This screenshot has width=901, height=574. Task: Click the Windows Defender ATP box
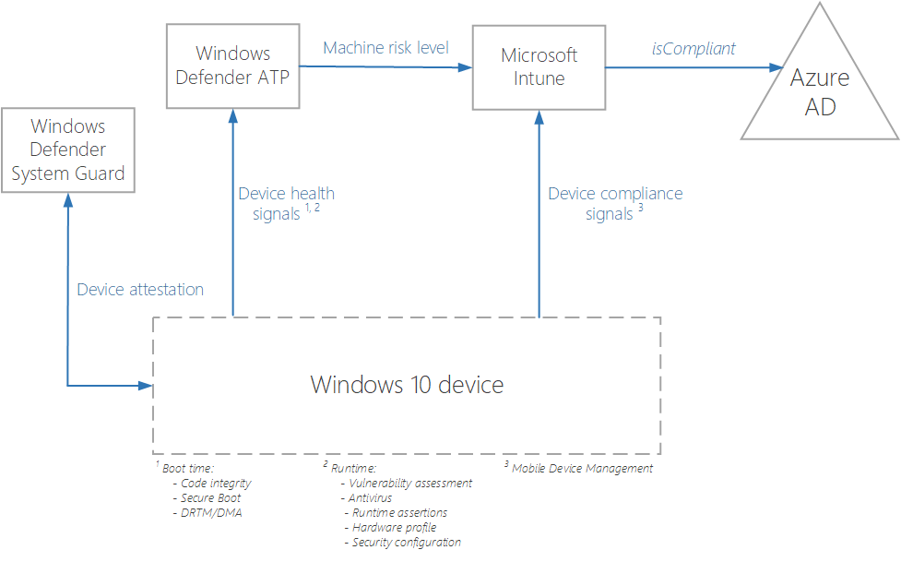coord(232,66)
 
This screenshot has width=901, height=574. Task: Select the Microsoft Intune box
coord(539,66)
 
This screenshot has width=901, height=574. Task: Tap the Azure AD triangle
coord(820,93)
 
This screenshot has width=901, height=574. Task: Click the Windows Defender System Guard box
coord(67,149)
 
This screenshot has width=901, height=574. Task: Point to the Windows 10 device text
coord(407,384)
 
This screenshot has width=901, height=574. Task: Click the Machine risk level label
coord(385,47)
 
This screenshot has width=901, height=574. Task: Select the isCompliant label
coord(694,49)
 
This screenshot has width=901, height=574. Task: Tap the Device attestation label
coord(140,290)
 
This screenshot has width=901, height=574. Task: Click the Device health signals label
coord(286,203)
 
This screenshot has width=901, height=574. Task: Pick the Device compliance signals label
coord(615,203)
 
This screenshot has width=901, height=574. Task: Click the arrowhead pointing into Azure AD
coord(774,67)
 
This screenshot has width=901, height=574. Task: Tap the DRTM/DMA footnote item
coord(207,513)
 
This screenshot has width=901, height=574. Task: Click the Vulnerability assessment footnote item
coord(405,484)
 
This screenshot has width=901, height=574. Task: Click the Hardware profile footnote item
coord(394,528)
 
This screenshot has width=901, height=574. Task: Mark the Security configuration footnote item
coord(406,543)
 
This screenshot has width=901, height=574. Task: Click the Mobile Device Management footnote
coord(582,469)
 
